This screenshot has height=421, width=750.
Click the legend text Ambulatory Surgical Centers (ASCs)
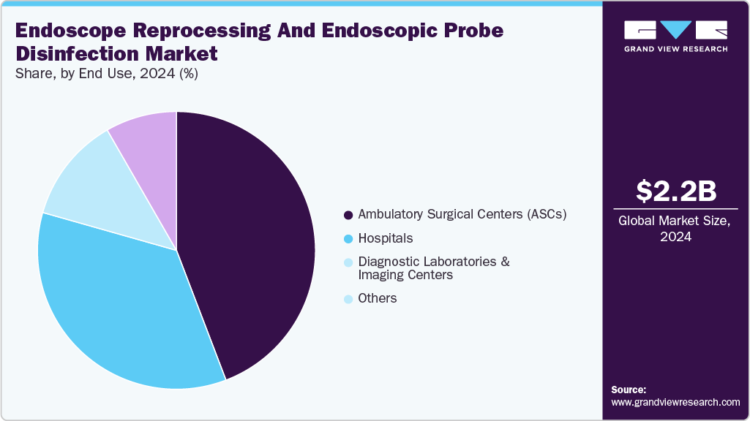tap(462, 215)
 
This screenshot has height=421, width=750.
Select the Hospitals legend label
tap(386, 238)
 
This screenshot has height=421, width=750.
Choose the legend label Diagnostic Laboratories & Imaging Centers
tap(433, 268)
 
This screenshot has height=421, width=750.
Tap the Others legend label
tap(378, 298)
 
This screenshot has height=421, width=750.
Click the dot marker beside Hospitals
tap(348, 239)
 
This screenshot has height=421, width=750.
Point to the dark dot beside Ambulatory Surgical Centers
tap(348, 216)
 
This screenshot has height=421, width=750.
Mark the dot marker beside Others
tap(348, 299)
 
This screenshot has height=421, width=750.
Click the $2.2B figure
tap(675, 191)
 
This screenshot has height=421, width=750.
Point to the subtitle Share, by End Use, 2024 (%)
tap(107, 73)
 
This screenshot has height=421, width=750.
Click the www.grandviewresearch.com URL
tap(675, 403)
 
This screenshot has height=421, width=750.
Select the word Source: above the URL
tap(629, 390)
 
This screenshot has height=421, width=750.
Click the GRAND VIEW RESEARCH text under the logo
tap(675, 49)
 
